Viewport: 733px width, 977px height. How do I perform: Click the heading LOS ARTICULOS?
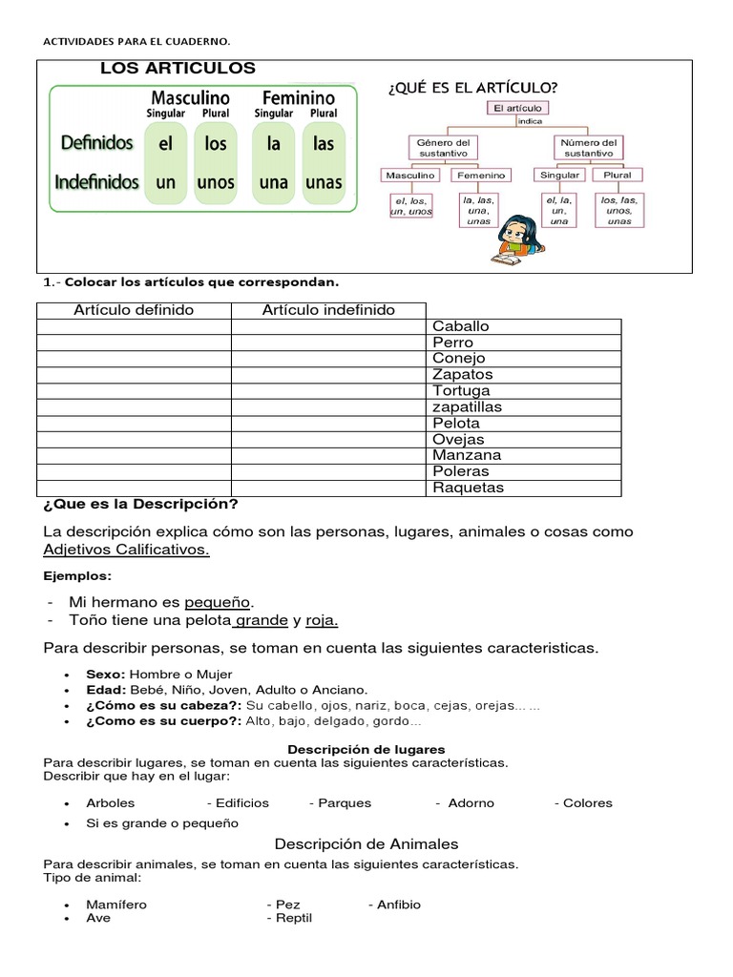[x=178, y=68]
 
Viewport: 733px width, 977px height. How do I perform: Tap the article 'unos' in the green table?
[x=216, y=182]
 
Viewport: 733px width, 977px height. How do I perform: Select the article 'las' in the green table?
[x=324, y=144]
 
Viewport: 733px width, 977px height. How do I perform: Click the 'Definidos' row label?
[x=96, y=143]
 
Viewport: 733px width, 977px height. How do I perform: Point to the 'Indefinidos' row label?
[x=96, y=181]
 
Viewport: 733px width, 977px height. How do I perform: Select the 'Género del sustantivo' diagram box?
[x=443, y=148]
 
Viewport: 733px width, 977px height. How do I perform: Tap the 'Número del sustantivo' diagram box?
[x=588, y=148]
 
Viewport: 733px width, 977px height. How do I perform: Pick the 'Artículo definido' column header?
[x=134, y=310]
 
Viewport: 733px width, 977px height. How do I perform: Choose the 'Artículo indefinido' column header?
[x=328, y=310]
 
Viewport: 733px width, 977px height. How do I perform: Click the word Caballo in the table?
[x=460, y=326]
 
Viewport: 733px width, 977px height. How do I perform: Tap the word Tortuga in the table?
[x=461, y=391]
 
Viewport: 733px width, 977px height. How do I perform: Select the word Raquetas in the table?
[x=468, y=488]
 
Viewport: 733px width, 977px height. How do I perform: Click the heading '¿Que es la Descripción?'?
[x=140, y=504]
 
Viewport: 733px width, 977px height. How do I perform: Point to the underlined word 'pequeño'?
[x=218, y=602]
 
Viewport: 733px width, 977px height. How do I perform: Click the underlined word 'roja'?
[x=322, y=621]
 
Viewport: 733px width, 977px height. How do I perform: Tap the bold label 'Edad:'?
[x=106, y=690]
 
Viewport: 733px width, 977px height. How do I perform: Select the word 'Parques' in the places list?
[x=345, y=803]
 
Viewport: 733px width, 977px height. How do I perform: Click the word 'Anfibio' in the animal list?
[x=398, y=904]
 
